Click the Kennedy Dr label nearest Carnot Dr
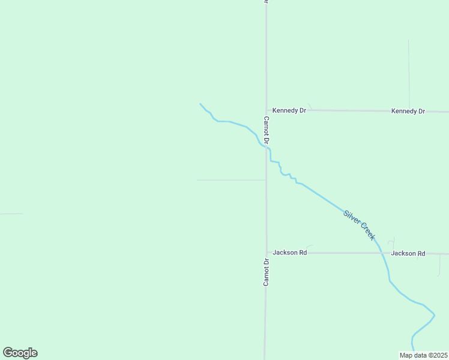pos(289,110)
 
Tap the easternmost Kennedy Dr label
pos(408,111)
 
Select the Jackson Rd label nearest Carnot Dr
pos(289,253)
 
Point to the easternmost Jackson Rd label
pos(408,253)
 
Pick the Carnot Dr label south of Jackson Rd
pos(265,272)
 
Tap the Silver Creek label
pos(359,225)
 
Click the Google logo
pos(20,353)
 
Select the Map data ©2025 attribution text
pos(423,355)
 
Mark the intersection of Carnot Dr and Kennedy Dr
pos(267,110)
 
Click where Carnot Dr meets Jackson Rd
pos(267,253)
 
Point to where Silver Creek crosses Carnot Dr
pos(267,147)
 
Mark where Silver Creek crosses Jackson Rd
pos(381,253)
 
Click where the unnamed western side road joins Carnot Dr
pos(266,180)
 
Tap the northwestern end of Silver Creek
pos(200,104)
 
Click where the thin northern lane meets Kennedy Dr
pos(409,111)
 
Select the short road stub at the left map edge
pos(11,214)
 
